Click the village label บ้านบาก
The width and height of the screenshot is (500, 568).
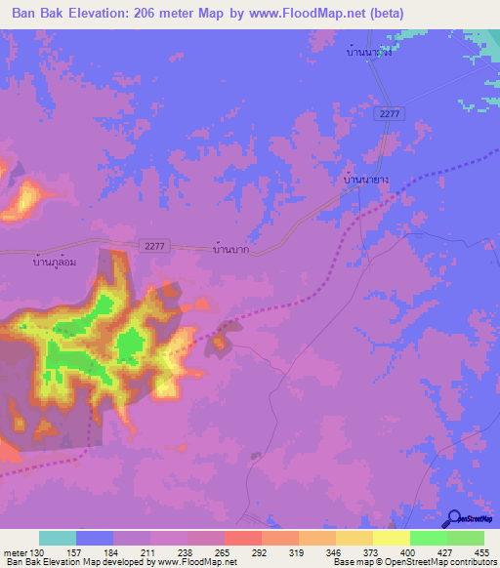[230, 250]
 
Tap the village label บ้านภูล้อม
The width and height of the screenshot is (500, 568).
[56, 261]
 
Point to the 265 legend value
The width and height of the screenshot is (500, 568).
[224, 552]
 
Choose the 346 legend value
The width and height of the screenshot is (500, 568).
[335, 552]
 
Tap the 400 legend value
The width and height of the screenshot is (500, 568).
[409, 552]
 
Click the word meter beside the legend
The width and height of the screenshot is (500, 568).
[15, 552]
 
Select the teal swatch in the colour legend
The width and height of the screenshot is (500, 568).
[58, 538]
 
